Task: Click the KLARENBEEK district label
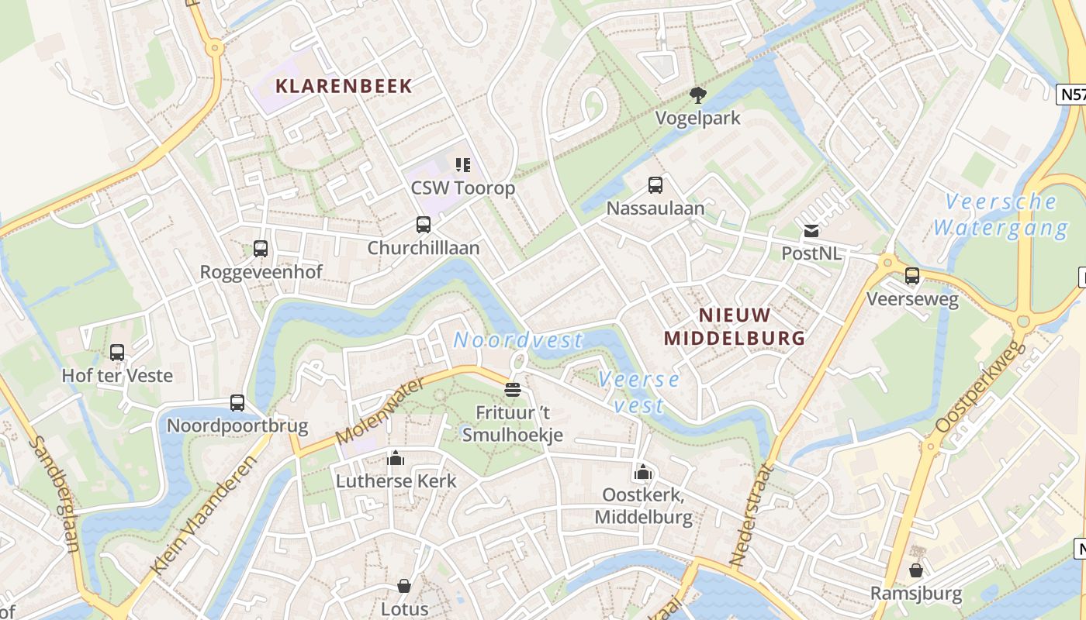(344, 86)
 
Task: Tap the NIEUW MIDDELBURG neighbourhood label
(735, 326)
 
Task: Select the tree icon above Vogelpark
(697, 95)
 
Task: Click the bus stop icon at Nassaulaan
(655, 185)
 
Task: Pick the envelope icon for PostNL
(811, 230)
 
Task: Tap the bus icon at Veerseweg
(912, 276)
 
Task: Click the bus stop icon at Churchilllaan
(423, 225)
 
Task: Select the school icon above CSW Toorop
(463, 164)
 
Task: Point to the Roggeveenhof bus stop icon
(261, 249)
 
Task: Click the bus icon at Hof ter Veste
(117, 353)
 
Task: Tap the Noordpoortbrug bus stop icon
(237, 403)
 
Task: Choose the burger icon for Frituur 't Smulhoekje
(512, 389)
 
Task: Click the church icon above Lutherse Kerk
(396, 458)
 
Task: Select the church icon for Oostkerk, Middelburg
(642, 472)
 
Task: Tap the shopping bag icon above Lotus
(404, 585)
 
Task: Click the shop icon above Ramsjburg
(916, 570)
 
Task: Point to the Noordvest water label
(517, 340)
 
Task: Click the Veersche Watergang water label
(1001, 215)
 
